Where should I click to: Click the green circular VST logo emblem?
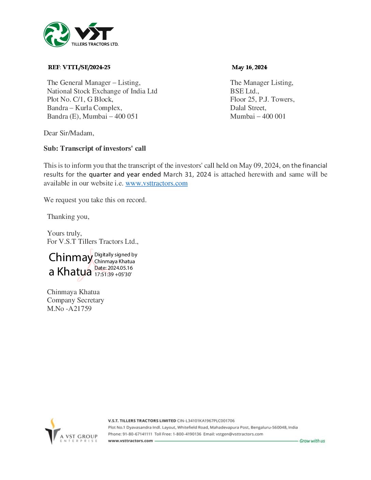coord(57,34)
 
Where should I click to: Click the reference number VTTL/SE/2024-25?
coord(86,67)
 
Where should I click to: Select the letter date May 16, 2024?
coord(249,67)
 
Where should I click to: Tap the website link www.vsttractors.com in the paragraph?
coord(157,183)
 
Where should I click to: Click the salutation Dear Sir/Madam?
coord(69,133)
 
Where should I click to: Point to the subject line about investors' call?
coord(94,148)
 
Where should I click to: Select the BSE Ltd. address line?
coord(244,91)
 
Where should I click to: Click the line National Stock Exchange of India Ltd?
coord(102,91)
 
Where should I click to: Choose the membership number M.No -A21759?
coord(69,309)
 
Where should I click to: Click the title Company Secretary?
coord(75,300)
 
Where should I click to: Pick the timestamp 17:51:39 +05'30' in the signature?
coord(113,274)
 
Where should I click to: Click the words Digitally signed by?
coord(116,255)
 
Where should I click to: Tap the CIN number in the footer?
coord(206,421)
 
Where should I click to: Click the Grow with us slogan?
coord(312,441)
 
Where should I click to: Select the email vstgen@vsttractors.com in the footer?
coord(239,434)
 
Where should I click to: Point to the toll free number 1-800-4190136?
coord(187,434)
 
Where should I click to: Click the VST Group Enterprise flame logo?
coord(53,431)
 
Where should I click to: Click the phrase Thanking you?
coord(68,216)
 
